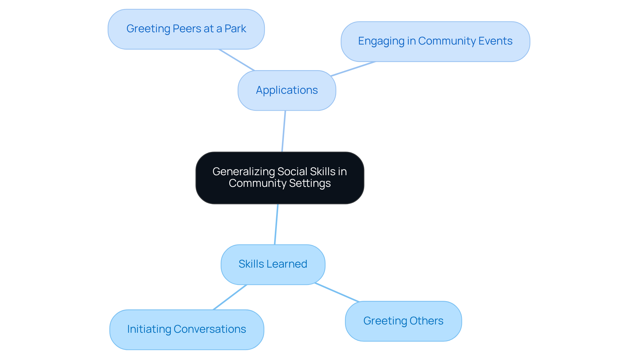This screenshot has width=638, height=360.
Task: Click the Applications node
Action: (287, 90)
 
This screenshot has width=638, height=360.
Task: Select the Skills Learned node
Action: (273, 265)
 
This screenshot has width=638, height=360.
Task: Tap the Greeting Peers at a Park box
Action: (186, 29)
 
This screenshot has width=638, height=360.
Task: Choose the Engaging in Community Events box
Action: (435, 42)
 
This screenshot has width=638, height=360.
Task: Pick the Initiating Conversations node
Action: (186, 329)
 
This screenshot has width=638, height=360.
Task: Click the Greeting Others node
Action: (403, 321)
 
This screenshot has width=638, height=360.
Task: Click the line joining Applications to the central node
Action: (284, 131)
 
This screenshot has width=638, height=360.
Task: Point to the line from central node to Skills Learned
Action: (276, 224)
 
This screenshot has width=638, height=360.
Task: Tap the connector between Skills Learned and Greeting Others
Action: (337, 293)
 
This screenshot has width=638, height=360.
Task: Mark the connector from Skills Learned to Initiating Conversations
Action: (230, 297)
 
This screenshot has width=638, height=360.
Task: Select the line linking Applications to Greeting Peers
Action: (237, 60)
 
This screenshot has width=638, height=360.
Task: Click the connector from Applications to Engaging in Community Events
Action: (353, 69)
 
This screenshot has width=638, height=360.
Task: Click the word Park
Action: (235, 29)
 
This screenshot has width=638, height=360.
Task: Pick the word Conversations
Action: (210, 329)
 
